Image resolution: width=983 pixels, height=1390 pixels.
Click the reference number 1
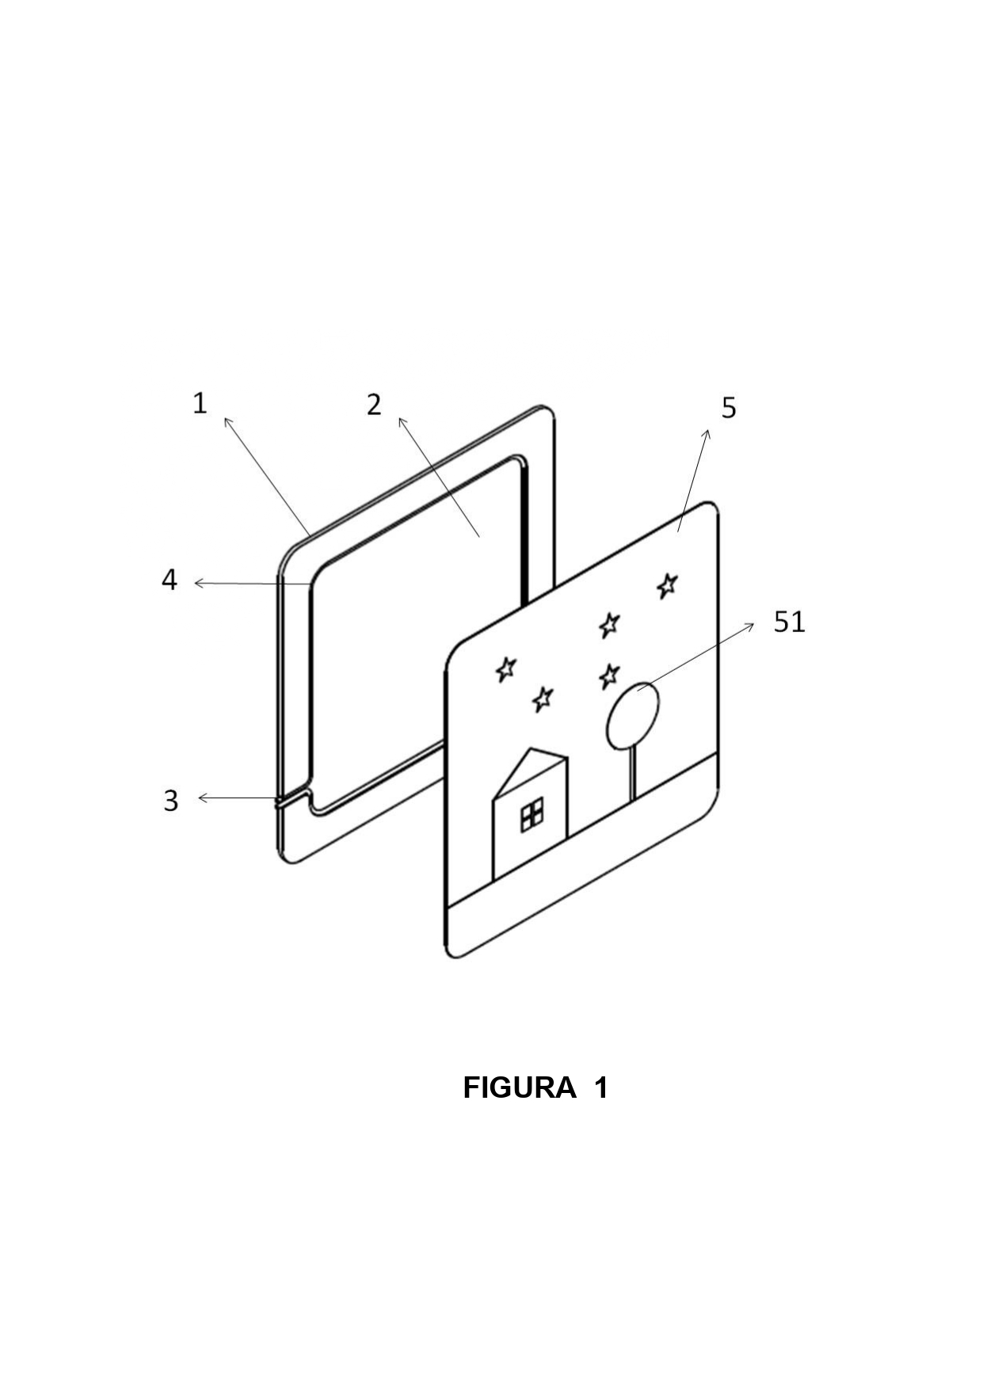[x=200, y=403]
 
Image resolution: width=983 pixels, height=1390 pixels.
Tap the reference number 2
[x=374, y=405]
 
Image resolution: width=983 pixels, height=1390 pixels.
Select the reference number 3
[x=170, y=801]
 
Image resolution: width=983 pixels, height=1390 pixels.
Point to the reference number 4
[x=169, y=581]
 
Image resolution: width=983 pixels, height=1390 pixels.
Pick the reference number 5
[x=729, y=408]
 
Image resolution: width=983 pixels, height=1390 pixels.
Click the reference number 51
[x=789, y=623]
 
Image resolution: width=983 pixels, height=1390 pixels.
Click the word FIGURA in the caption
[x=520, y=1087]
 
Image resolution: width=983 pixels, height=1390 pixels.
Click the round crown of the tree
[x=632, y=715]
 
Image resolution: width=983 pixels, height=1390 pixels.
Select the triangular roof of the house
[x=530, y=773]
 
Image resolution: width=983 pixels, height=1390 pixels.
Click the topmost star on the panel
[x=668, y=585]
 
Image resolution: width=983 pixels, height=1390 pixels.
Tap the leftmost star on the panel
[x=505, y=668]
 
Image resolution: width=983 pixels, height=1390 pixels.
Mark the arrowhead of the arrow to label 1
[x=227, y=421]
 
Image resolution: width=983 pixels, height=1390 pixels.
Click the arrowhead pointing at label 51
[x=749, y=626]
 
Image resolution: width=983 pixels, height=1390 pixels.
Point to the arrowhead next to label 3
[x=203, y=798]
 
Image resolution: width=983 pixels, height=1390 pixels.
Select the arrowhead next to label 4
[x=200, y=583]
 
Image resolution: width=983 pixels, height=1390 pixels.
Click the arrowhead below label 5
[x=707, y=434]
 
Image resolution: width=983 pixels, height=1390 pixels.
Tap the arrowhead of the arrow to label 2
[x=402, y=422]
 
